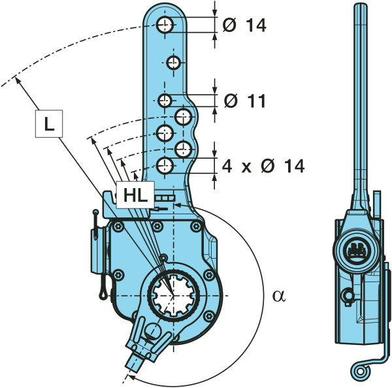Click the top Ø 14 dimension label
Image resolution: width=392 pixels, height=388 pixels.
click(x=245, y=25)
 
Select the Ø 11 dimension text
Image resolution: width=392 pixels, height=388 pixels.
click(x=245, y=101)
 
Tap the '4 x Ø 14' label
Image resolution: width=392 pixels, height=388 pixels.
click(x=263, y=166)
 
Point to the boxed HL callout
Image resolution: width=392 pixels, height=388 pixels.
click(x=134, y=194)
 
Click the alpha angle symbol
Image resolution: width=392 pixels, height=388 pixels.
click(x=279, y=295)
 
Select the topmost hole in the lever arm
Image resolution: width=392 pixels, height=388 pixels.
click(x=165, y=25)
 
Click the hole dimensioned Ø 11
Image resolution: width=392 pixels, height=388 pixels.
click(x=165, y=101)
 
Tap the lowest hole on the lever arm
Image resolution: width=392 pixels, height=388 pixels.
click(x=165, y=164)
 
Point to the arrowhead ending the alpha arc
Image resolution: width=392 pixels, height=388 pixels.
click(x=131, y=376)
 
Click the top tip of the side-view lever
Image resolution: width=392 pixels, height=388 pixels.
click(x=357, y=5)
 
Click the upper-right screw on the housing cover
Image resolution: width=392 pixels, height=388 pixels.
click(x=195, y=227)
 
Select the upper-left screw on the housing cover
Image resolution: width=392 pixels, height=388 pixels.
click(x=119, y=227)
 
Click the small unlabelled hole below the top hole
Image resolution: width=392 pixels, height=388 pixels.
click(x=173, y=63)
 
